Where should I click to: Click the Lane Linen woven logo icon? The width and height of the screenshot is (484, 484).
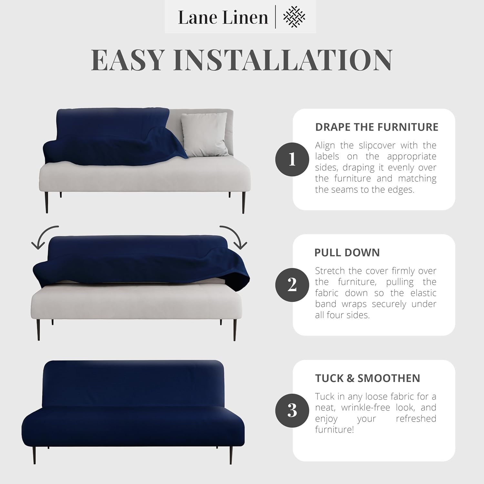294,17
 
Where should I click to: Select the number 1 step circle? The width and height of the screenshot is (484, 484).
292,159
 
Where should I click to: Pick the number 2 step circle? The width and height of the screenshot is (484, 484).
292,285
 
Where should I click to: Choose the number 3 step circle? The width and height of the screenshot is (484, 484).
292,410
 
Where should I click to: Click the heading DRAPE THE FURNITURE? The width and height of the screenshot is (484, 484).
377,127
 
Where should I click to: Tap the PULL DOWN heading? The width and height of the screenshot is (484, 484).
347,253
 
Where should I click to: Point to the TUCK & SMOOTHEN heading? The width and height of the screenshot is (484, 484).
368,378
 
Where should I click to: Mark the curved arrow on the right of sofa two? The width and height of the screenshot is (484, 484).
235,237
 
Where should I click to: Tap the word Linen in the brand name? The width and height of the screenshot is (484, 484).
246,17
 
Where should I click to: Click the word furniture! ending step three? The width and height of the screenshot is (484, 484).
334,430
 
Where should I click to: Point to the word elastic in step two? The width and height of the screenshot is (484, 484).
423,293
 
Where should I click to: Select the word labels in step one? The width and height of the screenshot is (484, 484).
327,156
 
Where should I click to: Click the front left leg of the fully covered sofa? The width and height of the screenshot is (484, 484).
35,455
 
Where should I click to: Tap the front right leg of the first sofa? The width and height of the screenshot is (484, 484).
243,202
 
